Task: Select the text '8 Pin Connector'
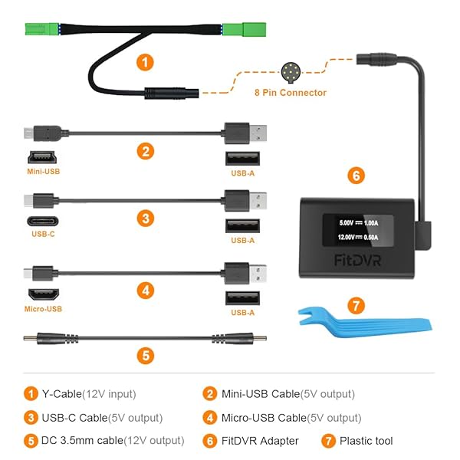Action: point(291,93)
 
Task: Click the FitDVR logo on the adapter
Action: point(357,260)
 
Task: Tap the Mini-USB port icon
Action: point(42,158)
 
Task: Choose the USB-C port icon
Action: point(42,226)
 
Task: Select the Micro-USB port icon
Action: point(42,295)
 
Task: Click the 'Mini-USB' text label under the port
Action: point(42,172)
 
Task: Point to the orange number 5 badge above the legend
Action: point(146,356)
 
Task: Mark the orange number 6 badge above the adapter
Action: point(355,175)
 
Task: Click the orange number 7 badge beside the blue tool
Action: point(355,306)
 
